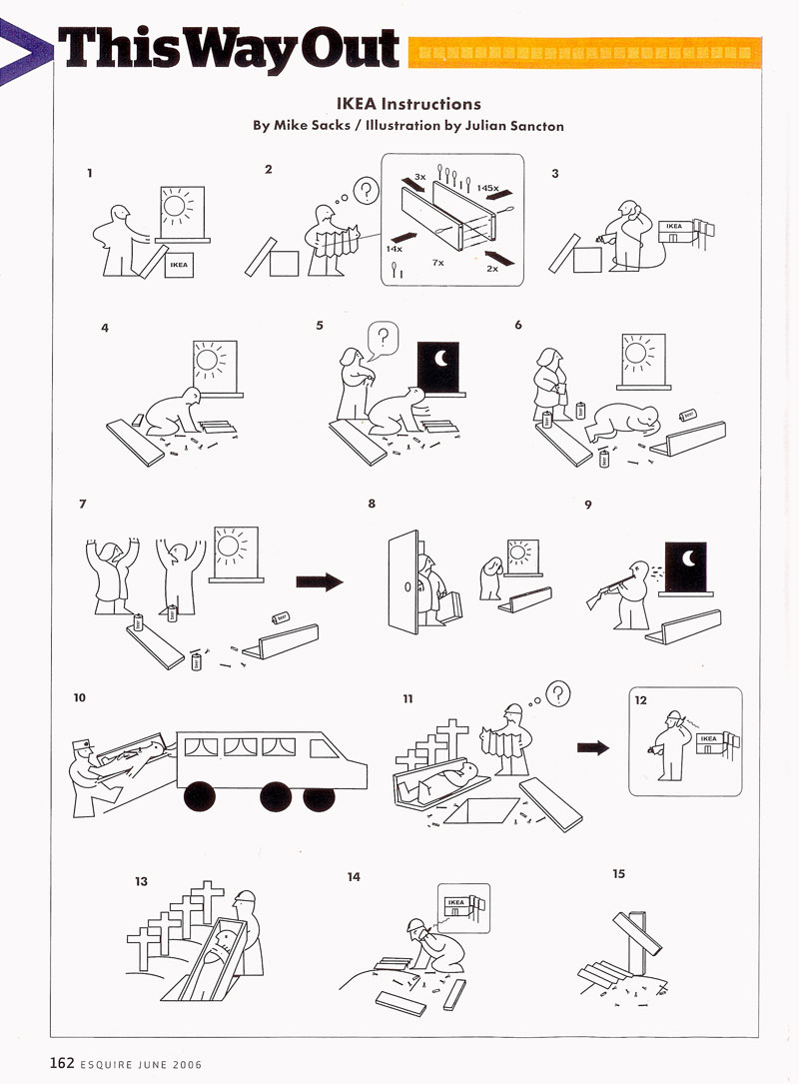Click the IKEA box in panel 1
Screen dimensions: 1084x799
tap(179, 265)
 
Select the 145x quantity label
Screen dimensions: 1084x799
tap(487, 187)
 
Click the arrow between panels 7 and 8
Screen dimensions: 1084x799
tap(319, 580)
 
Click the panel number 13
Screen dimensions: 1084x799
tap(142, 881)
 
